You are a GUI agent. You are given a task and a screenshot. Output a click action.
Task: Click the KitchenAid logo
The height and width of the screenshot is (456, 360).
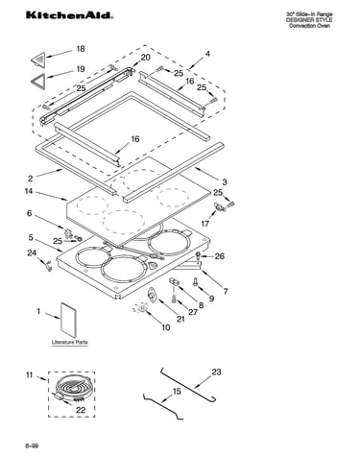click(69, 15)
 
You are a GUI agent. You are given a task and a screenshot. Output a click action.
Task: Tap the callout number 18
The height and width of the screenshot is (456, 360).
click(81, 49)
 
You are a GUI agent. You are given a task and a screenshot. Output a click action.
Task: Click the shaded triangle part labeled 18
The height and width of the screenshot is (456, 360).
click(38, 60)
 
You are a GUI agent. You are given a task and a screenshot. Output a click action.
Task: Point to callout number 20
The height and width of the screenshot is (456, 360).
click(145, 58)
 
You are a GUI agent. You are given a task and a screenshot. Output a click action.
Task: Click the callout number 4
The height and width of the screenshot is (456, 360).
click(207, 54)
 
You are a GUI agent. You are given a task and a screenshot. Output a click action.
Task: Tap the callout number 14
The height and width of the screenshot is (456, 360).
click(29, 191)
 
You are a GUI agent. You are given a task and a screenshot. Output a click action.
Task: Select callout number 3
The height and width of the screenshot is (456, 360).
click(225, 182)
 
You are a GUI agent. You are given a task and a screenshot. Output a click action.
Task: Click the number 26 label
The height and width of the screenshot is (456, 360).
click(220, 256)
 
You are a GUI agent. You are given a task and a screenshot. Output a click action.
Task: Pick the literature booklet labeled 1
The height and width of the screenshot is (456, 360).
click(69, 320)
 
